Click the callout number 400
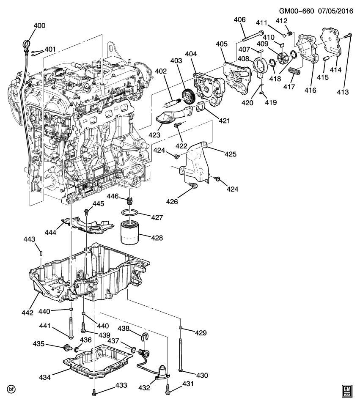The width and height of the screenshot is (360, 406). pos(39,25)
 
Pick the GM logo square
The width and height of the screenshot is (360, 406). pos(347,391)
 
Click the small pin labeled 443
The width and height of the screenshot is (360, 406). pos(41,252)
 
